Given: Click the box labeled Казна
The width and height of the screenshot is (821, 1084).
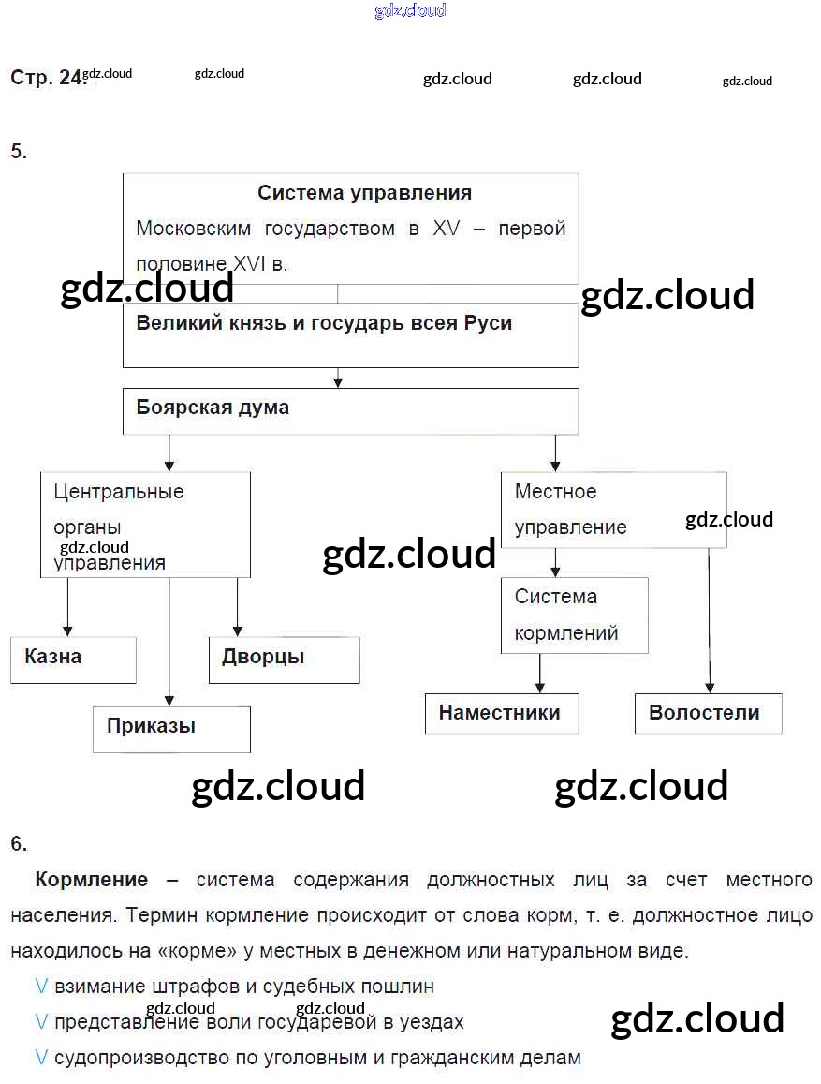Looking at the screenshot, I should click(73, 660).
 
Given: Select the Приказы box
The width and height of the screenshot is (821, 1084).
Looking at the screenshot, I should click(171, 729).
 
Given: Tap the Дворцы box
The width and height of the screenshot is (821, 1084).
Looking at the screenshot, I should click(284, 660).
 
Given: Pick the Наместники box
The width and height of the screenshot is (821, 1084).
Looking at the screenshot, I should click(501, 713).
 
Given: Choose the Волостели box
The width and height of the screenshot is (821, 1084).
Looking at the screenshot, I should click(707, 713).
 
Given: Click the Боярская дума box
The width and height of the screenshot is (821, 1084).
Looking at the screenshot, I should click(350, 410).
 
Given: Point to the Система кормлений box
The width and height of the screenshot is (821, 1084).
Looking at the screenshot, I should click(574, 615).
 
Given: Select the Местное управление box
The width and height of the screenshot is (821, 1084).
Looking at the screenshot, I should click(614, 510).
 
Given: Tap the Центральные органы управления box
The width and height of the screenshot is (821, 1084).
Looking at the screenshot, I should click(145, 525).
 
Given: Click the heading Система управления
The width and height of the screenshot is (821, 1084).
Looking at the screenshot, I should click(364, 193).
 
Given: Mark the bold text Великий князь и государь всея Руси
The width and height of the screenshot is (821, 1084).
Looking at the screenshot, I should click(324, 323).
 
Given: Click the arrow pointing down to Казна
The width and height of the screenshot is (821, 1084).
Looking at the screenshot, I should click(67, 609).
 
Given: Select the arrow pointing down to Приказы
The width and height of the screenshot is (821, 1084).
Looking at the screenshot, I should click(169, 646).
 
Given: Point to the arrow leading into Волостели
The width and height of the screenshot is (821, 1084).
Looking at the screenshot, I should click(709, 628).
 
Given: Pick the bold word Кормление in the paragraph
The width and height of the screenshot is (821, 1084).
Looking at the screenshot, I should click(92, 880).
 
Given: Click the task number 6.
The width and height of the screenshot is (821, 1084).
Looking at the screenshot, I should click(19, 843).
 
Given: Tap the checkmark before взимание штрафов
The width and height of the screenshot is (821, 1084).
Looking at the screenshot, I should click(41, 987).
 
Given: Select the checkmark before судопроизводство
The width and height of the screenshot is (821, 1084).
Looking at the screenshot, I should click(41, 1058).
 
